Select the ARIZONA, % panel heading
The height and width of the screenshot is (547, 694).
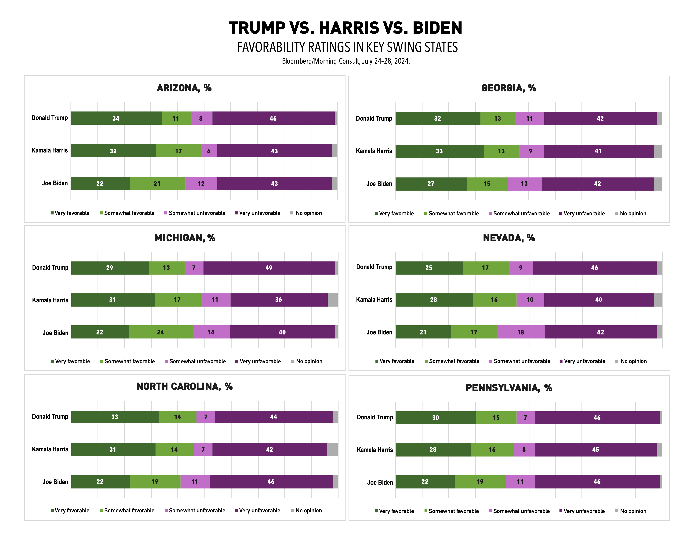pos(184,88)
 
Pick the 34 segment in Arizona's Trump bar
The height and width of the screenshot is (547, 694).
pos(116,118)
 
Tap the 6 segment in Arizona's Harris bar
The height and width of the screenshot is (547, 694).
pos(209,151)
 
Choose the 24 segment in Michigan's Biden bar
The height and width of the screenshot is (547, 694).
pos(160,332)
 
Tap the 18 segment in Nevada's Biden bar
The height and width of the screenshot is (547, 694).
pos(521,332)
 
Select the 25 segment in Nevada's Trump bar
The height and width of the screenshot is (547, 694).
pos(429,268)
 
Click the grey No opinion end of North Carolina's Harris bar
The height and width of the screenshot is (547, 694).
pos(332,449)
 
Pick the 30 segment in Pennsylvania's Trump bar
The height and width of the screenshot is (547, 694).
pos(436,418)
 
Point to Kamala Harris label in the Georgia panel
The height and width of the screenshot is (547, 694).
pos(374,151)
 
